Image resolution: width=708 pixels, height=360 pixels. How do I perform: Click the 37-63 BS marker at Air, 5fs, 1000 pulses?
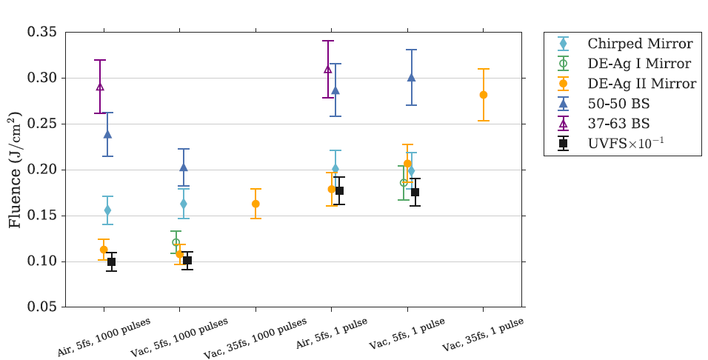pyautogui.click(x=100, y=87)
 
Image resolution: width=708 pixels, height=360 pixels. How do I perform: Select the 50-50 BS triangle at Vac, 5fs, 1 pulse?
pyautogui.click(x=411, y=77)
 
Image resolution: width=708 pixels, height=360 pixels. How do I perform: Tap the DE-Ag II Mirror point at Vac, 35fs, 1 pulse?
pyautogui.click(x=484, y=95)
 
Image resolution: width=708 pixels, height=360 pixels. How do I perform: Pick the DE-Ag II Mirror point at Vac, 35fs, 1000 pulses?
pyautogui.click(x=256, y=204)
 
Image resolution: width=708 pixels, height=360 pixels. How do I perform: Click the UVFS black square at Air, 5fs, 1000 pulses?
pyautogui.click(x=112, y=262)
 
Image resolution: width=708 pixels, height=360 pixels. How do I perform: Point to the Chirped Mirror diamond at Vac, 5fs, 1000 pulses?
pyautogui.click(x=184, y=204)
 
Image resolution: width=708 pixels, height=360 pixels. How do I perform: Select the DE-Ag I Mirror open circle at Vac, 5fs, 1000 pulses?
pyautogui.click(x=176, y=242)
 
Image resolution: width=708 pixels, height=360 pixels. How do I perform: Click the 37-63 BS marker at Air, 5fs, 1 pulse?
pyautogui.click(x=327, y=69)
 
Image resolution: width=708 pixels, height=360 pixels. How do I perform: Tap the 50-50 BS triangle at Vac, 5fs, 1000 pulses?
pyautogui.click(x=184, y=167)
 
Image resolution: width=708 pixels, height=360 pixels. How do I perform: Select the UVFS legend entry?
pyautogui.click(x=624, y=143)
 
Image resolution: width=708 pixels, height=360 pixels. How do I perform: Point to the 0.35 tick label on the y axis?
pyautogui.click(x=42, y=33)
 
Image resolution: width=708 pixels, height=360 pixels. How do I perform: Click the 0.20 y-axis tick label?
pyautogui.click(x=42, y=170)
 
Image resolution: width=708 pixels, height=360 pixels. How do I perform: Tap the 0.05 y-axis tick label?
pyautogui.click(x=42, y=307)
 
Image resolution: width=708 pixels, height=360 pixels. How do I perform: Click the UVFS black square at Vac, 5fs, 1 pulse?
pyautogui.click(x=415, y=193)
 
